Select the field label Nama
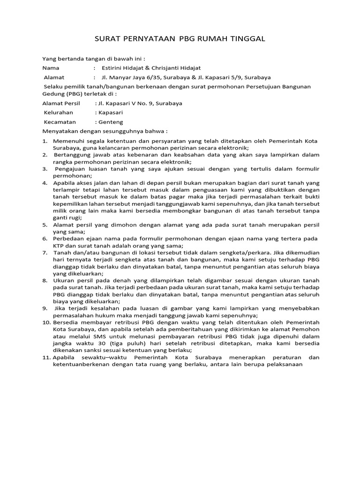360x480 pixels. (51, 68)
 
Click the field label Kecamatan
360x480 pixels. (60, 122)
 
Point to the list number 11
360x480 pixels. (46, 357)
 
